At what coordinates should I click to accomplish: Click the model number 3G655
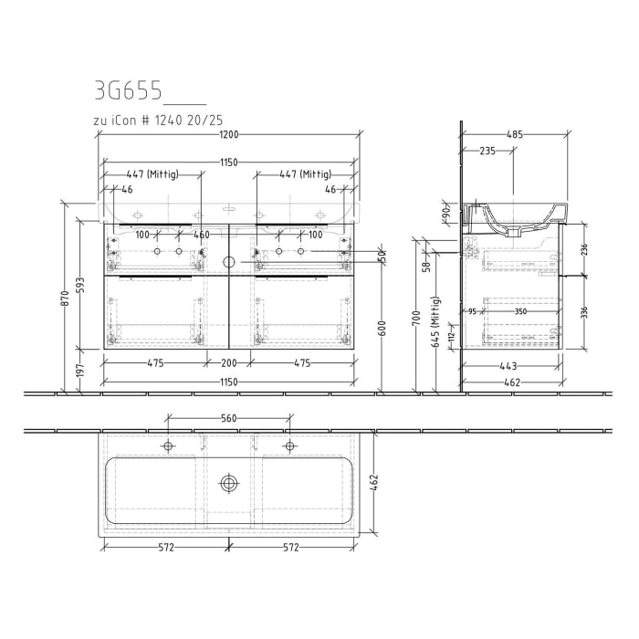coord(130,91)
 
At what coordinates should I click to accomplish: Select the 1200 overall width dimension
coord(228,135)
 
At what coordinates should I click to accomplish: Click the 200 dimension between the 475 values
coord(228,363)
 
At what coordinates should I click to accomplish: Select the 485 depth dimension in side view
coord(514,135)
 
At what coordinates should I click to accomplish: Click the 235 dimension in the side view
coord(487,152)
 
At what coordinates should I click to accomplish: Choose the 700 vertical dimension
coord(416,318)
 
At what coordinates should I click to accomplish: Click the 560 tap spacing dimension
coord(228,419)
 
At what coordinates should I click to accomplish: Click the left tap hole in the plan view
coord(168,445)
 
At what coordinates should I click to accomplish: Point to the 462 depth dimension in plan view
coord(372,482)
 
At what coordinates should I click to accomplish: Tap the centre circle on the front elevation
coord(228,261)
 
